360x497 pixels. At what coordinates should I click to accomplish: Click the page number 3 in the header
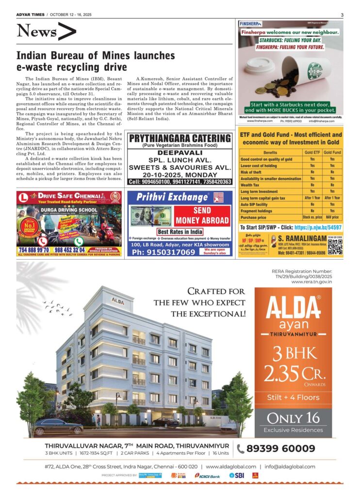click(x=342, y=15)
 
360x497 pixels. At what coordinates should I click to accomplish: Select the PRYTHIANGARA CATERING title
click(x=180, y=138)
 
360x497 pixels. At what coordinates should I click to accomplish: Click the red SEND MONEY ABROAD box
click(x=202, y=216)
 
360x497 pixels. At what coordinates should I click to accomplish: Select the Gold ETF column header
click(x=312, y=152)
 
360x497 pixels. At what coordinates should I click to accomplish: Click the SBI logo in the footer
click(x=237, y=476)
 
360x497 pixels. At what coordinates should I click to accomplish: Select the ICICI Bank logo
click(x=208, y=476)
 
